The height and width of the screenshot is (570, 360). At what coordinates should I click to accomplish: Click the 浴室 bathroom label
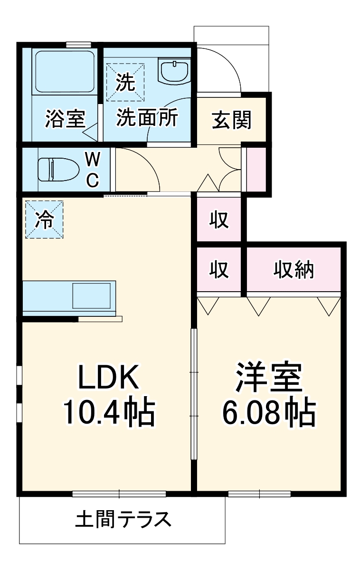click(x=65, y=119)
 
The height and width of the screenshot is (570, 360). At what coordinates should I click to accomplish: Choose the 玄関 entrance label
click(x=231, y=120)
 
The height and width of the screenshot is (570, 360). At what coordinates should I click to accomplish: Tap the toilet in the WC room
click(x=53, y=169)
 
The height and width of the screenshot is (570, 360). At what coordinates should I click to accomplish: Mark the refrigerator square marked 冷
click(x=44, y=219)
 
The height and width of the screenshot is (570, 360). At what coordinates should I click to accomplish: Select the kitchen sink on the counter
click(x=93, y=296)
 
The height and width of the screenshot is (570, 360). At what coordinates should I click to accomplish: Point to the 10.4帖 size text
click(x=108, y=413)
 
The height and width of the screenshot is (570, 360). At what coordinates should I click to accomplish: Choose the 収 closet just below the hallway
click(x=219, y=220)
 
